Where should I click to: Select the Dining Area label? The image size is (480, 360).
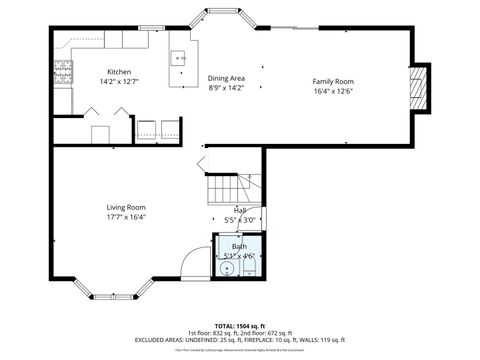point(226,78)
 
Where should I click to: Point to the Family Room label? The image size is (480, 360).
point(332,81)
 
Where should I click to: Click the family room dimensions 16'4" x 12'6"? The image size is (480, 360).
point(332,90)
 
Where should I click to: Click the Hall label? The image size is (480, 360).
point(239,210)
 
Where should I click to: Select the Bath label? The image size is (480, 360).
point(239,245)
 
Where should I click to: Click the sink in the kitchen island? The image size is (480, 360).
point(181,59)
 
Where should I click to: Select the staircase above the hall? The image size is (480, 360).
point(226,187)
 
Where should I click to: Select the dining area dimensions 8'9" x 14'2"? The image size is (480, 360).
point(226,88)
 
